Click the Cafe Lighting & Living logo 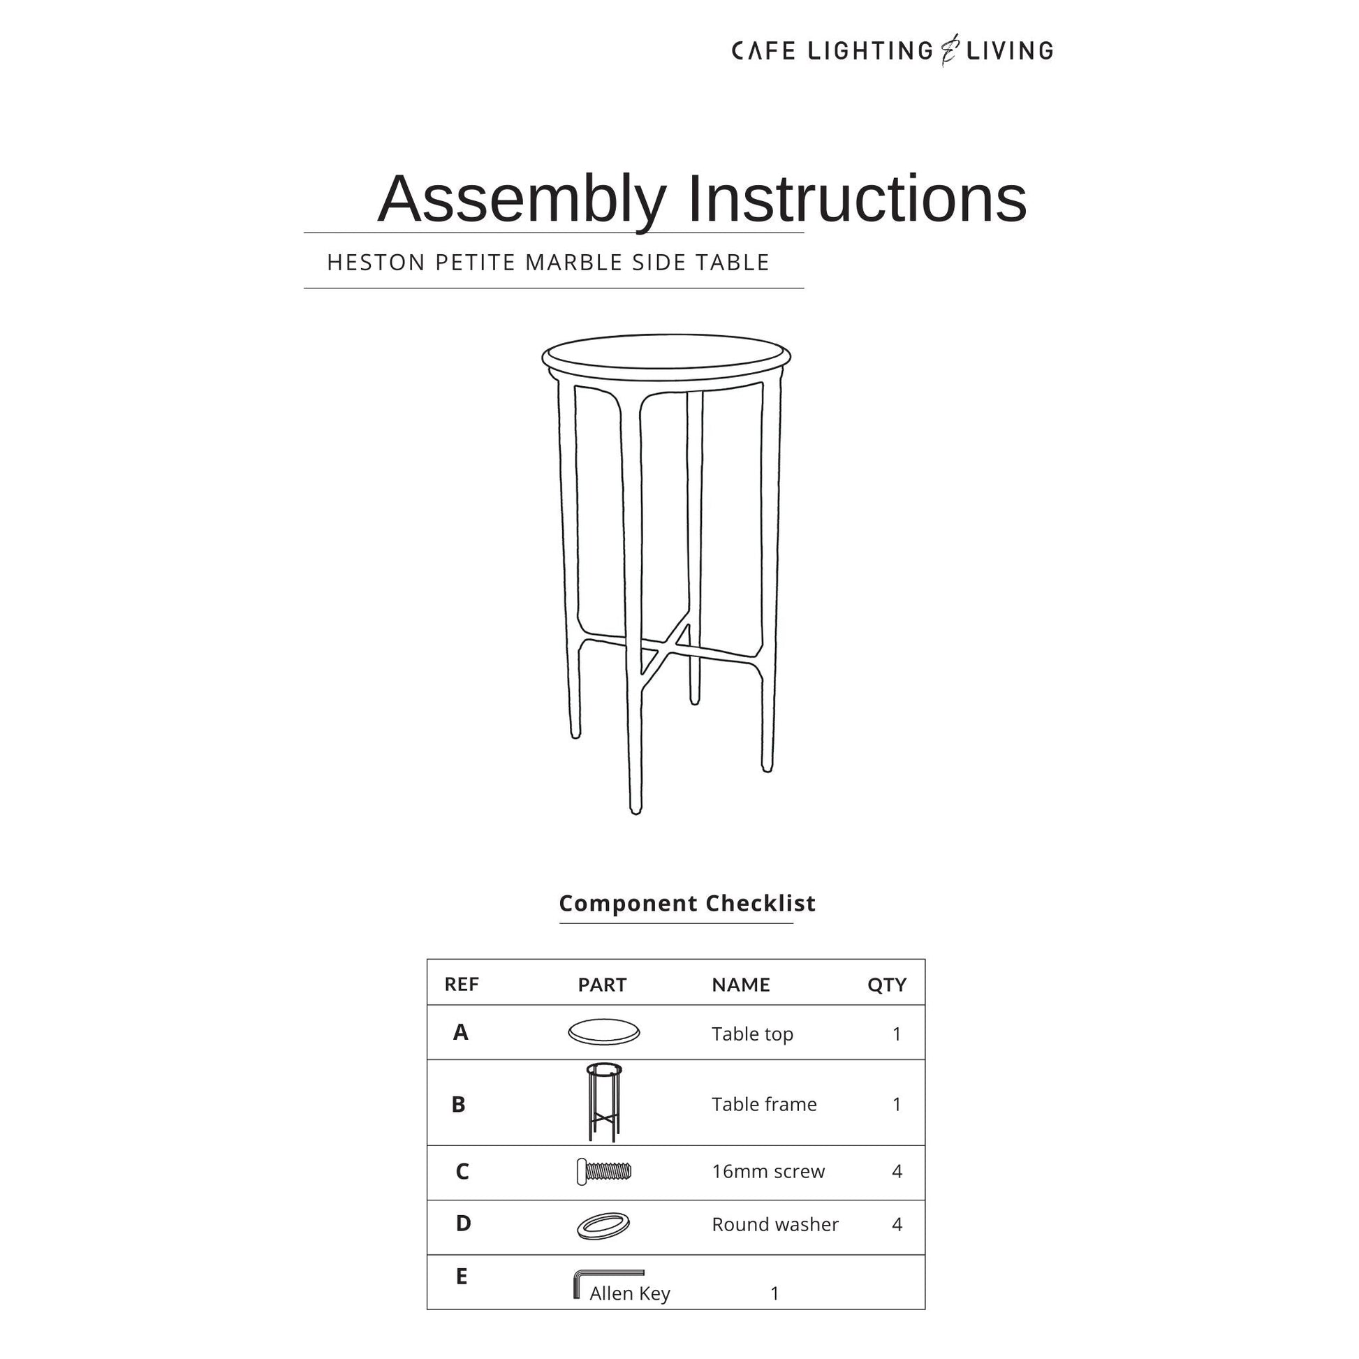[892, 51]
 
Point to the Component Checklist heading [686, 903]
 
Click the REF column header [462, 984]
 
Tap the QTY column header [886, 985]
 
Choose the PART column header [602, 985]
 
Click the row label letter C [462, 1171]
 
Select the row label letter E [462, 1275]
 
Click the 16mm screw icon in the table [603, 1171]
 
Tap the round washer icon [603, 1226]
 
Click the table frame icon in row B [603, 1101]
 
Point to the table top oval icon [603, 1032]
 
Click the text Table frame [764, 1104]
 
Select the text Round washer [775, 1225]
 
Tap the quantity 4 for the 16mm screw [897, 1171]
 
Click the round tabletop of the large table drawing [666, 353]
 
